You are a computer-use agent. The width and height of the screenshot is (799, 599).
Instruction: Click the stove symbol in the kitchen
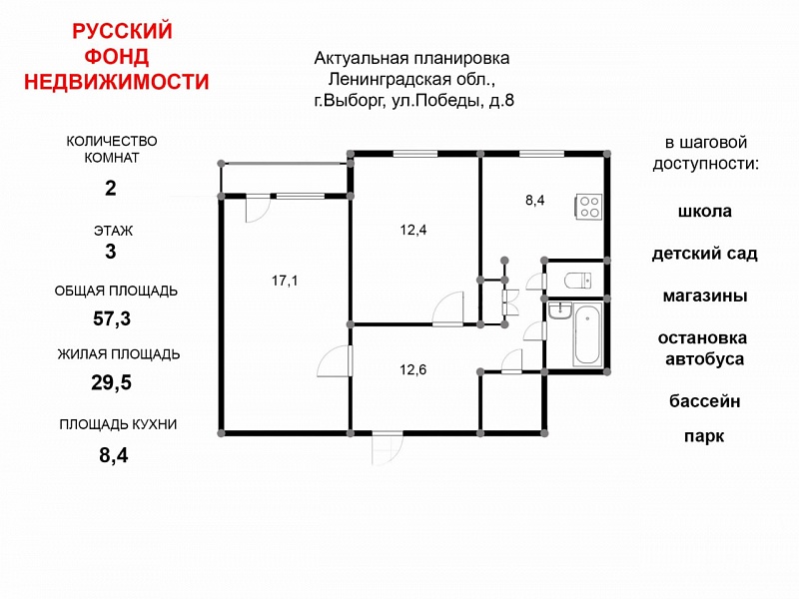coord(589,207)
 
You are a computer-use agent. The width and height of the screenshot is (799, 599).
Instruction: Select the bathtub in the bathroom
coord(587,334)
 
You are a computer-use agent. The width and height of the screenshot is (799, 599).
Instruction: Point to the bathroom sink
coord(560,310)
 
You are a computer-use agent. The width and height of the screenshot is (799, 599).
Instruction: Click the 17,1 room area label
coord(285,281)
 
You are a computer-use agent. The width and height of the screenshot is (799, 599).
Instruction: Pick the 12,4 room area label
coord(413,230)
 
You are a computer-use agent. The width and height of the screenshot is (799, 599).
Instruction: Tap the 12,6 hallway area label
coord(413,369)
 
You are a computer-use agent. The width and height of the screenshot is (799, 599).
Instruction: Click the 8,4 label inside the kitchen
coord(535,201)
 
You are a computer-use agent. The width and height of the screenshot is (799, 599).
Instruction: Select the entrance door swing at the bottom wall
coord(388,448)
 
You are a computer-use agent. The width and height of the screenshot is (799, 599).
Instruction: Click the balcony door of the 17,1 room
coord(258,208)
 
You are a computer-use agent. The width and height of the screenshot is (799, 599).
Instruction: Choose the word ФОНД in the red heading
coord(117,56)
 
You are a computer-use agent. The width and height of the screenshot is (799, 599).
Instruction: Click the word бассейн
coord(705,401)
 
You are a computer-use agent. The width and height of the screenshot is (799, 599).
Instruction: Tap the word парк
coord(704,436)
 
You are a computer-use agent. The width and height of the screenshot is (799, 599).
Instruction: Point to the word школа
coord(705,211)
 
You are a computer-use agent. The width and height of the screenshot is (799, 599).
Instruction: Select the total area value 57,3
coord(112,318)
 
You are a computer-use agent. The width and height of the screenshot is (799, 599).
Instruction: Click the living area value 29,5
coord(112,382)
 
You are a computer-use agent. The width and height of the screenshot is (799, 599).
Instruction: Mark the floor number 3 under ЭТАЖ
coord(111,252)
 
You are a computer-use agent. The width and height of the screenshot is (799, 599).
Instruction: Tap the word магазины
coord(705,296)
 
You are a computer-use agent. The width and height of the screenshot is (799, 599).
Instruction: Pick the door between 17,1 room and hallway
coord(335,361)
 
